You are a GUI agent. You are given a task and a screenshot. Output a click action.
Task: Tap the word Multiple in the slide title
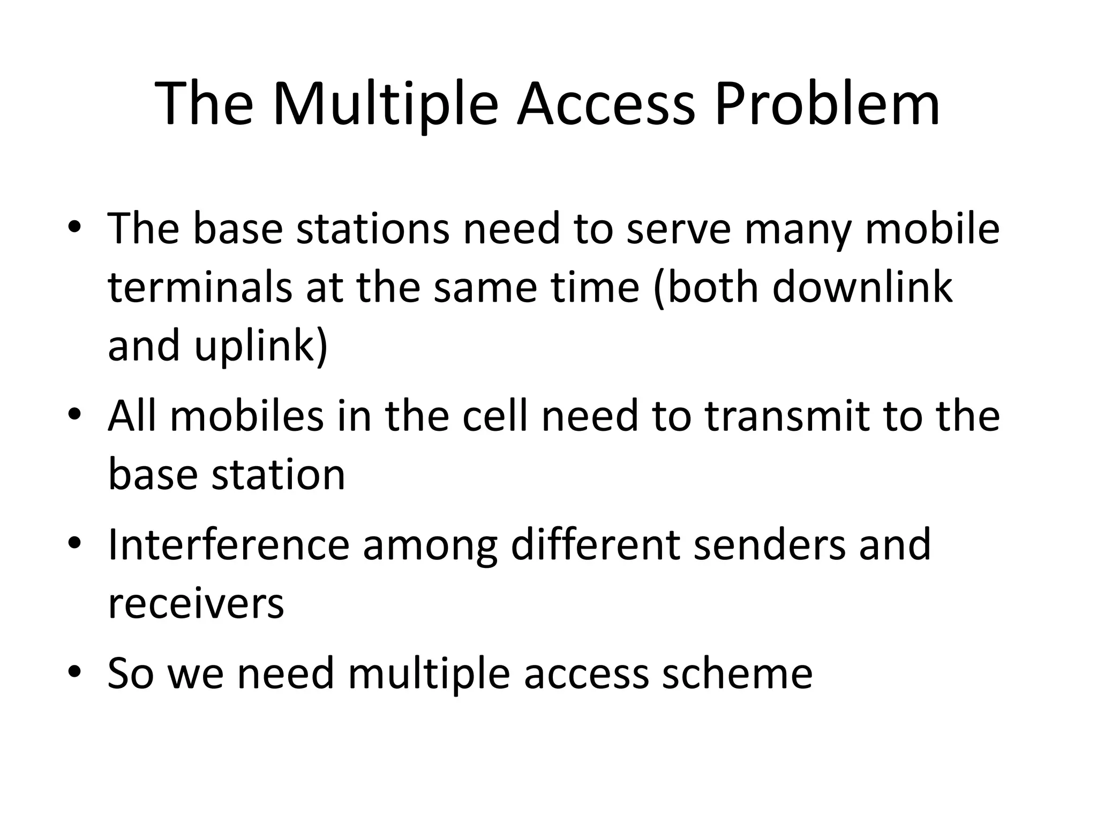(385, 104)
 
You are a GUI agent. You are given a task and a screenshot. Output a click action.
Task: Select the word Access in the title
(605, 104)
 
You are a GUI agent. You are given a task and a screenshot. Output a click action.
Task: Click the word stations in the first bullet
(372, 229)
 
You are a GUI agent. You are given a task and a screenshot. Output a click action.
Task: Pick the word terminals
(200, 287)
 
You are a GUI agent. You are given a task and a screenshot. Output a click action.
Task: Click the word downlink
(862, 287)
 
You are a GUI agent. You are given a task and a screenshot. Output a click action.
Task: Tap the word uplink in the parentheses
(260, 346)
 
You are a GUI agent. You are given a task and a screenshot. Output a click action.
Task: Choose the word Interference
(229, 545)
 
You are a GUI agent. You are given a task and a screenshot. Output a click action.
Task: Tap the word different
(595, 545)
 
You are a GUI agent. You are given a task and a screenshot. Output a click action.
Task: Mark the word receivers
(196, 604)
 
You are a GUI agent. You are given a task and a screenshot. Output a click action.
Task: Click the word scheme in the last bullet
(737, 674)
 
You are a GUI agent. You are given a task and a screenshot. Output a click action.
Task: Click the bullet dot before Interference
(74, 543)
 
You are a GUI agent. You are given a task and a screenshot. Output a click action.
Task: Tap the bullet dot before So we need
(74, 672)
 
